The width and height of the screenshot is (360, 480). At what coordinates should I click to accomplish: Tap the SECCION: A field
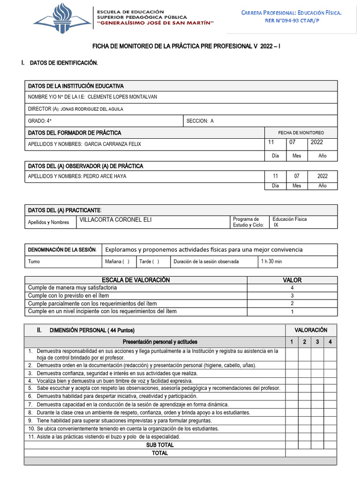tap(200, 121)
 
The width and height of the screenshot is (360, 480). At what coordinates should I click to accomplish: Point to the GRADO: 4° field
tap(40, 121)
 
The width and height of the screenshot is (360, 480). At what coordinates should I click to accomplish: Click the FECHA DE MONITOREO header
tap(301, 133)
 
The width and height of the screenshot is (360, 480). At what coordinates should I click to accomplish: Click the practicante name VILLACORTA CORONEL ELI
tap(115, 220)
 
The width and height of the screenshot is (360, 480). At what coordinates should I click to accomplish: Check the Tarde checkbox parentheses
tap(155, 262)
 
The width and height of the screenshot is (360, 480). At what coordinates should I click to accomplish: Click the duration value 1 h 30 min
tap(271, 262)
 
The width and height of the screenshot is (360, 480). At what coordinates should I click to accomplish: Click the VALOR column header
tap(292, 280)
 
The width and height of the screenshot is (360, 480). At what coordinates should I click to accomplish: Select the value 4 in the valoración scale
tap(292, 288)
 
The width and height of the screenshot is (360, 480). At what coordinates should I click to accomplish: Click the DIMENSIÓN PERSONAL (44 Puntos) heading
tap(92, 330)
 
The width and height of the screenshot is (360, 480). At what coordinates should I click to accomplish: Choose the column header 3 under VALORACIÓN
tap(317, 342)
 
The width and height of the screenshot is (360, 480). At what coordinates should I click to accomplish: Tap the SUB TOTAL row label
tap(159, 445)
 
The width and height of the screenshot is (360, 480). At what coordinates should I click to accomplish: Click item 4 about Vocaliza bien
tap(109, 381)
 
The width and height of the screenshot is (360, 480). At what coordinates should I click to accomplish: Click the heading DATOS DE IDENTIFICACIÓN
tap(64, 63)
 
